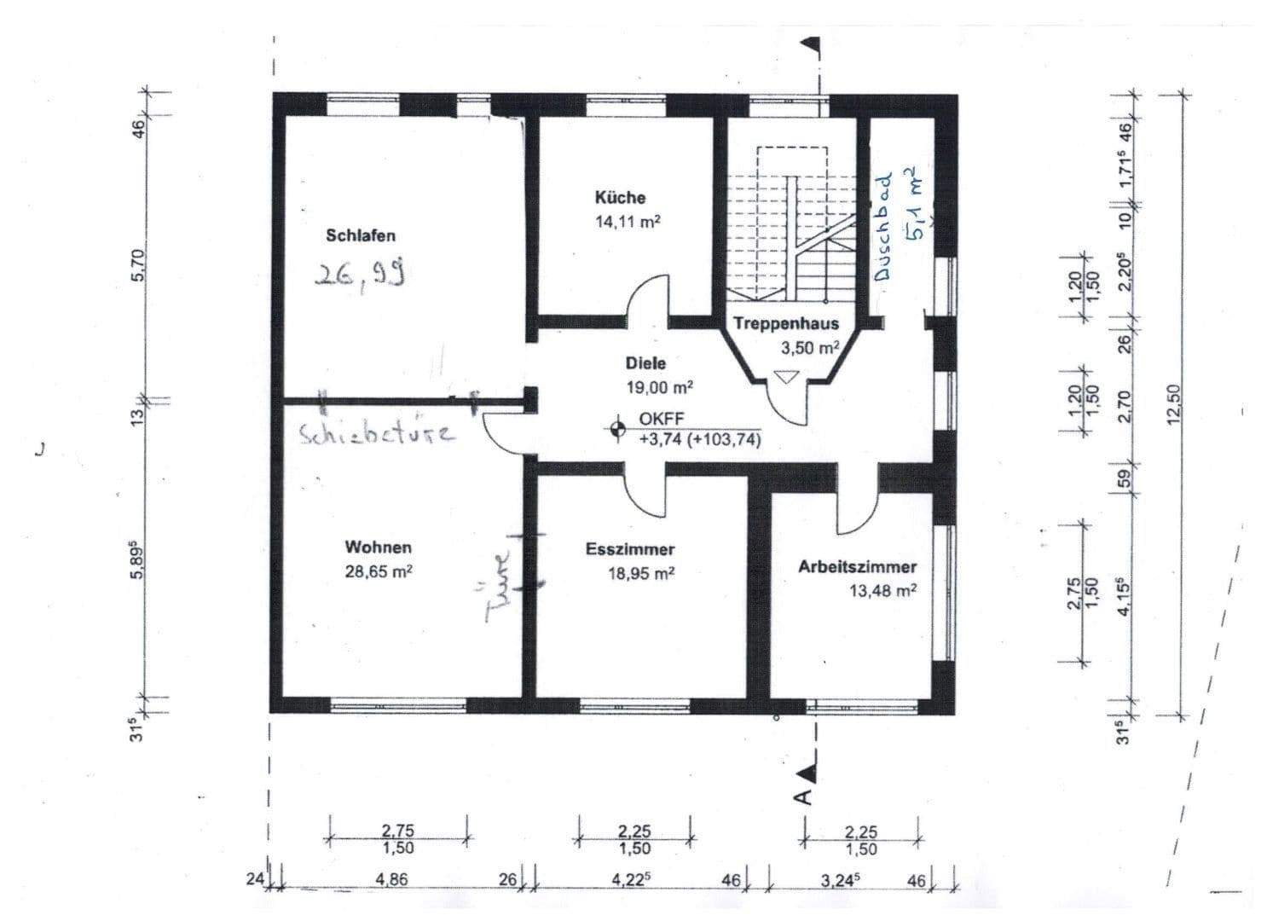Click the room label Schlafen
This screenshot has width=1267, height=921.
click(361, 235)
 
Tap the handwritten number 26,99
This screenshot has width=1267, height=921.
click(360, 273)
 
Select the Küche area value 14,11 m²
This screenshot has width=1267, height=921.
click(628, 221)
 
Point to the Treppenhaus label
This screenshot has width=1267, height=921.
click(786, 323)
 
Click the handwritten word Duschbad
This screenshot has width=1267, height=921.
click(882, 226)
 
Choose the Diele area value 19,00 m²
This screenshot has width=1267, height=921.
click(660, 387)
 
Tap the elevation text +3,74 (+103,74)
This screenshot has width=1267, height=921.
click(700, 439)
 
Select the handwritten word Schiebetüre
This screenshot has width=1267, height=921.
click(377, 434)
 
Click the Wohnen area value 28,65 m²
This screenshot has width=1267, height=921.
click(379, 571)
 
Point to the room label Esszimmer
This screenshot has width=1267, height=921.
click(629, 549)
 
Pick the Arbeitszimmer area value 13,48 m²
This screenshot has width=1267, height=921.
click(883, 591)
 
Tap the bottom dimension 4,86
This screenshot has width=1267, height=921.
click(391, 880)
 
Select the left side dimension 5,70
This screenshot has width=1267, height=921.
click(139, 264)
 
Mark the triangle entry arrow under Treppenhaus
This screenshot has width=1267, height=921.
click(786, 377)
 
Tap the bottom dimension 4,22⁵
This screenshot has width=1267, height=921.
click(631, 879)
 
